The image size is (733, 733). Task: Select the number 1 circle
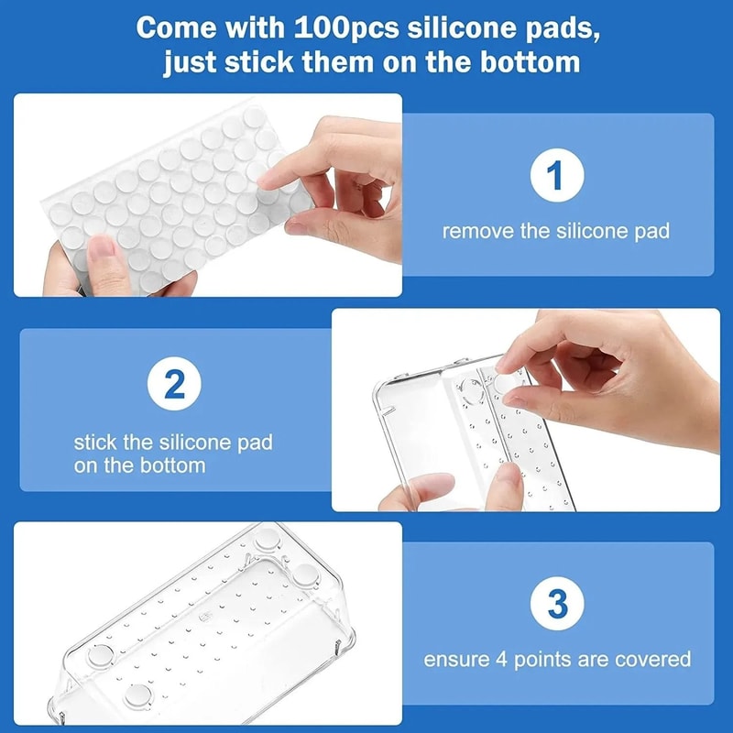(556, 175)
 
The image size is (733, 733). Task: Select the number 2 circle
(174, 386)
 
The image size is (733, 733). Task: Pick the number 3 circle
(556, 604)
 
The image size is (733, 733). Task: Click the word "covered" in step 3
(655, 659)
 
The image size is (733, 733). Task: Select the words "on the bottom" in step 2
(139, 465)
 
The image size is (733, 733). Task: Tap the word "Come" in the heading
(173, 26)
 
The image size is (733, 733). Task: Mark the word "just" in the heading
(190, 62)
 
